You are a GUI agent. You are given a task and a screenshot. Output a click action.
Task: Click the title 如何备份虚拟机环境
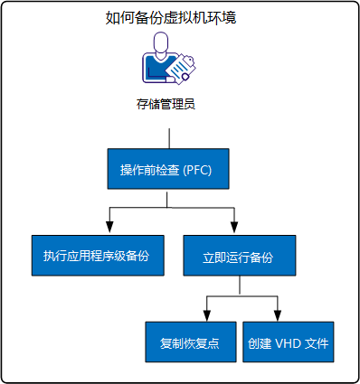pos(171,17)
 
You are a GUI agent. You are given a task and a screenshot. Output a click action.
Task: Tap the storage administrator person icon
pos(170,61)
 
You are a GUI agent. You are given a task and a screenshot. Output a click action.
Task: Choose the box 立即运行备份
pos(238,257)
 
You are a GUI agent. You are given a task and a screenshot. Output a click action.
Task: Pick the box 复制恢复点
pos(190,343)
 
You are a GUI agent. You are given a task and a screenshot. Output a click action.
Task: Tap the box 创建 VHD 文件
pos(289,343)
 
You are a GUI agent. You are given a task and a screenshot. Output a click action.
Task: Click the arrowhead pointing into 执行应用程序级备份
pos(110,227)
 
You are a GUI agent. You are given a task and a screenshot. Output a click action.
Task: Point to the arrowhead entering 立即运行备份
pos(234,227)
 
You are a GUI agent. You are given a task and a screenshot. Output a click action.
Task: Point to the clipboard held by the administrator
pos(185,65)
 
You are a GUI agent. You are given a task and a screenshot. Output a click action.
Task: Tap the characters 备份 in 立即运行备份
pos(261,257)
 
